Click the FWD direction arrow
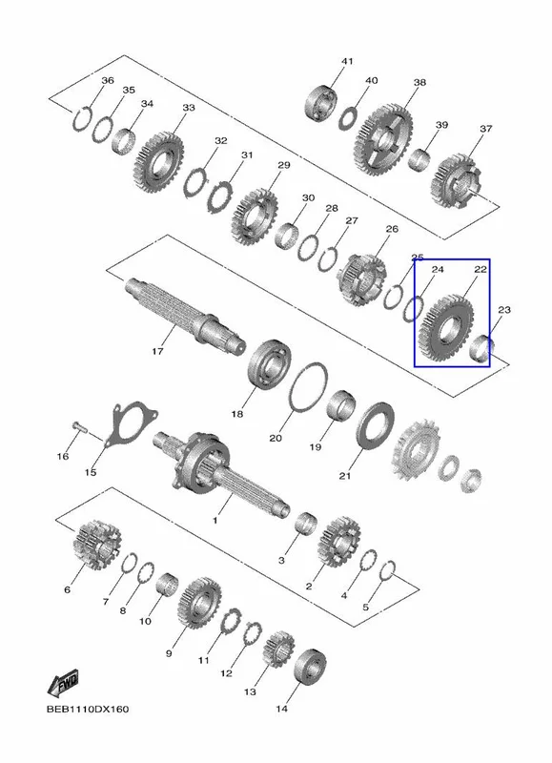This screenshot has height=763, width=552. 63,683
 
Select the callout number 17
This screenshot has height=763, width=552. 157,351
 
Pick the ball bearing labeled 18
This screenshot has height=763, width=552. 270,364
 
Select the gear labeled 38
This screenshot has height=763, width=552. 387,140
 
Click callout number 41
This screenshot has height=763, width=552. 347,62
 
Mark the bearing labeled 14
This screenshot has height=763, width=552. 310,665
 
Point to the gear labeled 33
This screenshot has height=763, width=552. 158,162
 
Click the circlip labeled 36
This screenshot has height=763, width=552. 82,117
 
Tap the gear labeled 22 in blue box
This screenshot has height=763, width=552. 445,329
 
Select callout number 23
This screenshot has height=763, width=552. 504,309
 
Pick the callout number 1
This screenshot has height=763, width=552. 215,520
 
